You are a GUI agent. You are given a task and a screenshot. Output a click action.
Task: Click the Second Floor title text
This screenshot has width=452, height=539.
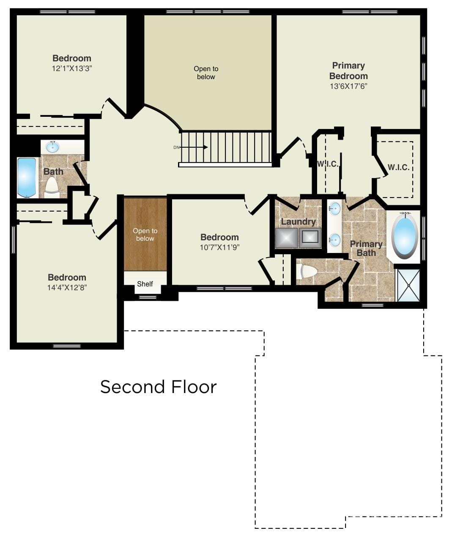(158, 387)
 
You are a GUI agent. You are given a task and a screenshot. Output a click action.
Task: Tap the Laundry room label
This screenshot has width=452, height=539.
(298, 222)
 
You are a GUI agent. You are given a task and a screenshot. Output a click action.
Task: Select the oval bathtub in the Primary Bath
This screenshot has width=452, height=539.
(405, 235)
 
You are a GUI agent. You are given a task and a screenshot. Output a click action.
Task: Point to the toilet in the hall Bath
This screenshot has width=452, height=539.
(52, 187)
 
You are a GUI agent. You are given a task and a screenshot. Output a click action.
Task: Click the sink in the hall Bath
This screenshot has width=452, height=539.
(52, 147)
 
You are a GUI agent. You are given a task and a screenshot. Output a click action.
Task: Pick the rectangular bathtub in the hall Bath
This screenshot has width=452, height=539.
(27, 177)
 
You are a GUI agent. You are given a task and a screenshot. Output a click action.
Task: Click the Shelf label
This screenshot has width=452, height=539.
(145, 284)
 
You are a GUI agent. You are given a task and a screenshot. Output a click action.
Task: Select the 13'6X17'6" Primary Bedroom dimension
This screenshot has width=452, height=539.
(348, 86)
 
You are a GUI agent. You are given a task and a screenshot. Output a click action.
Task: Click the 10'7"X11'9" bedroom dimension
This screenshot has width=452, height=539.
(219, 247)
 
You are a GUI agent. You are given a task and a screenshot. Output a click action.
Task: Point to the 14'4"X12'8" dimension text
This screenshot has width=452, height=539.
(67, 288)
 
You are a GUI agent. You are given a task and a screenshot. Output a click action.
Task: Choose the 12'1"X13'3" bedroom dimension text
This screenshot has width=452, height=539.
(71, 68)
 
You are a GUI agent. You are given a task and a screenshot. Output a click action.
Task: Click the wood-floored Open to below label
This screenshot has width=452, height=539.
(145, 234)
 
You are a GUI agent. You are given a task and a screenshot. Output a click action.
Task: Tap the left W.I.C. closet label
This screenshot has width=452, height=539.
(328, 164)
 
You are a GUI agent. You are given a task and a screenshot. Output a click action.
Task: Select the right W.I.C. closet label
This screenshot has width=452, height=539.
(398, 168)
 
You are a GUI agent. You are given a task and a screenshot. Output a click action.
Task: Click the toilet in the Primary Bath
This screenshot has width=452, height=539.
(306, 272)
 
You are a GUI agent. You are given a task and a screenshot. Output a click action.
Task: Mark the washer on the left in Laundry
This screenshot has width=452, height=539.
(286, 238)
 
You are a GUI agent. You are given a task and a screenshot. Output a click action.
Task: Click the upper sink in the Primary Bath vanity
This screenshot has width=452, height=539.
(335, 209)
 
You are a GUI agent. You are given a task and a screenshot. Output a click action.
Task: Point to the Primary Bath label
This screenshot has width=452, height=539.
(366, 248)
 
